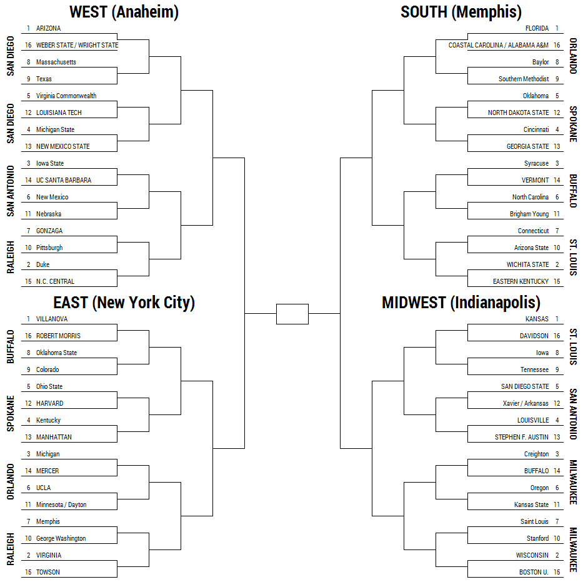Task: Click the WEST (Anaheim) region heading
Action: click(124, 12)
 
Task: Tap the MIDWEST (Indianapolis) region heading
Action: click(461, 303)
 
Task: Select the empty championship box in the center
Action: click(292, 314)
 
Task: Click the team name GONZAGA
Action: click(49, 231)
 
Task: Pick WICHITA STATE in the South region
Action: click(527, 264)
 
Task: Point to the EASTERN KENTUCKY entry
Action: click(521, 281)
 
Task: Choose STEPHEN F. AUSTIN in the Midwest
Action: click(521, 437)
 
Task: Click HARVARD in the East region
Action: click(49, 403)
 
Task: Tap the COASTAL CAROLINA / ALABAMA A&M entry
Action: click(498, 46)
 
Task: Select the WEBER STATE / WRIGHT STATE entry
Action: click(77, 46)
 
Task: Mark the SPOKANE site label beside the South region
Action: click(573, 124)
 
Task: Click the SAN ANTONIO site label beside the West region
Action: click(11, 191)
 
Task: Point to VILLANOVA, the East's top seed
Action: click(52, 319)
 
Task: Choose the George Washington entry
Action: click(61, 538)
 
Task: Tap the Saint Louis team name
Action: click(534, 521)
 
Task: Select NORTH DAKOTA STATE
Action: click(518, 113)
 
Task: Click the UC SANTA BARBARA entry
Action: click(64, 181)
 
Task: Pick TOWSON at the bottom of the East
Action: click(47, 573)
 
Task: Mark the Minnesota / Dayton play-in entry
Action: click(61, 504)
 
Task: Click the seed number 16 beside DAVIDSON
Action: click(557, 336)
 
